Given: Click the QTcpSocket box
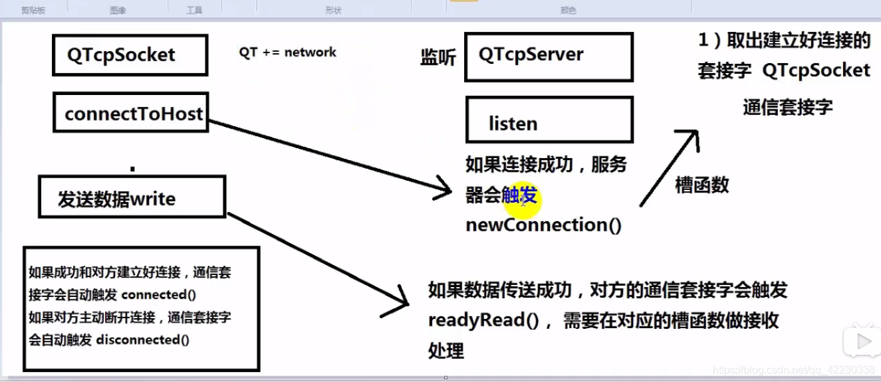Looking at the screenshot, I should pyautogui.click(x=130, y=54).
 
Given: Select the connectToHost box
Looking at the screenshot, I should pyautogui.click(x=131, y=113).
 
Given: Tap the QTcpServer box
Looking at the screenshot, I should pyautogui.click(x=549, y=56).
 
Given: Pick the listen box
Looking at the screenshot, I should pyautogui.click(x=549, y=120).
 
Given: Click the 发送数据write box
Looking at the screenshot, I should pyautogui.click(x=132, y=197).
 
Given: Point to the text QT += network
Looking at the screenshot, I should pyautogui.click(x=287, y=52).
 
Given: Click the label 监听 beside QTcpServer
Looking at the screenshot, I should pyautogui.click(x=438, y=58).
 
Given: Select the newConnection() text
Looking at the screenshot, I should pyautogui.click(x=543, y=225).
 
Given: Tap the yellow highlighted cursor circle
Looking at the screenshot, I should pyautogui.click(x=522, y=200).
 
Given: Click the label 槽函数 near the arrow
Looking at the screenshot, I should pyautogui.click(x=701, y=185).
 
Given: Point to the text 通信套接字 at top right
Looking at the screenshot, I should pyautogui.click(x=787, y=107).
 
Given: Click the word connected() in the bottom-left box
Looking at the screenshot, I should pyautogui.click(x=160, y=294).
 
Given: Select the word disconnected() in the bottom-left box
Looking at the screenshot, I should pyautogui.click(x=142, y=339).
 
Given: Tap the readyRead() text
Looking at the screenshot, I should pyautogui.click(x=483, y=320).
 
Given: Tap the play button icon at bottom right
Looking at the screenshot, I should pyautogui.click(x=863, y=341).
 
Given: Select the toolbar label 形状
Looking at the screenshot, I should pyautogui.click(x=333, y=11).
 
